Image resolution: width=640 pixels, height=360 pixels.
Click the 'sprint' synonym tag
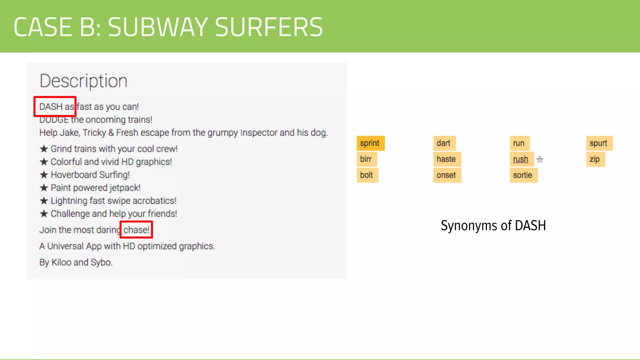[x=370, y=143]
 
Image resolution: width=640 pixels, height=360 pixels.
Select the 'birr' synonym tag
[x=366, y=159]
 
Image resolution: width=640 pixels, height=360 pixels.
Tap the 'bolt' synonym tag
[x=367, y=175]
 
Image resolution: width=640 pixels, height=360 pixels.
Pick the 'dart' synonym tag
[x=444, y=143]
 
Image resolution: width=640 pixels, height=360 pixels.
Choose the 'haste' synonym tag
[x=447, y=159]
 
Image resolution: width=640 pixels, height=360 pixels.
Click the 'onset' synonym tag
[x=447, y=175]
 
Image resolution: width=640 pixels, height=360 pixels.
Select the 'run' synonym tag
[x=519, y=143]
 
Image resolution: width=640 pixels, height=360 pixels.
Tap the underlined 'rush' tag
[x=521, y=159]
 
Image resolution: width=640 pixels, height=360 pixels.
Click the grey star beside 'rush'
[x=540, y=160]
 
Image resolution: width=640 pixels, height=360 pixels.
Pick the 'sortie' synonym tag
[x=523, y=175]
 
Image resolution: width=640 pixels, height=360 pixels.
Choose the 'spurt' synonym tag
[x=599, y=143]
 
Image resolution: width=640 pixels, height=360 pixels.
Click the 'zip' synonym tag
[x=595, y=159]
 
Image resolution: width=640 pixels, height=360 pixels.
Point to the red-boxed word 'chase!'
[x=137, y=230]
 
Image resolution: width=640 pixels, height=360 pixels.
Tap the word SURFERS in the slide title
[x=269, y=27]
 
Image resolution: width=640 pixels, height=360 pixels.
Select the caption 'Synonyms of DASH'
[x=493, y=226]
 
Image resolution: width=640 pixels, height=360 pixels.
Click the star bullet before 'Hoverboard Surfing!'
[x=44, y=175]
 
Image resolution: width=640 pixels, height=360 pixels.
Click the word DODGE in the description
[x=54, y=120]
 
